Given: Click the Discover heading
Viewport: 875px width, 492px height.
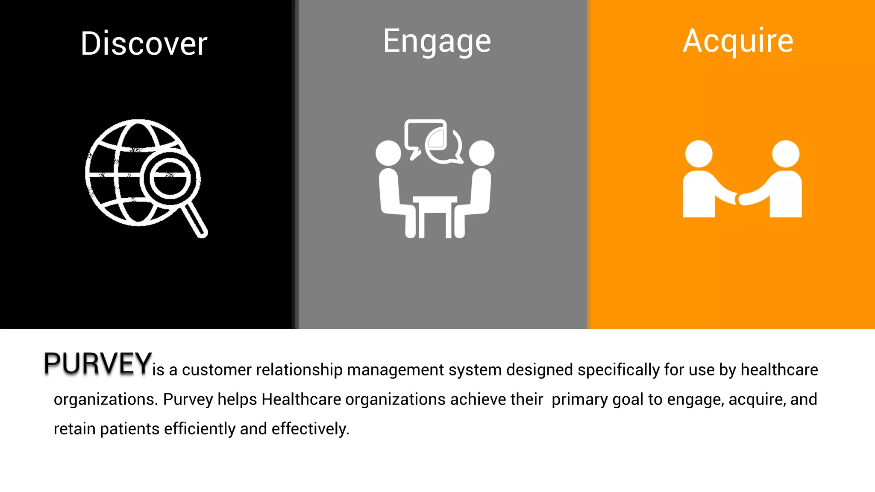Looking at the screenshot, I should (144, 44).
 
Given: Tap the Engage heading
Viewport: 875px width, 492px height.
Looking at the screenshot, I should (437, 41).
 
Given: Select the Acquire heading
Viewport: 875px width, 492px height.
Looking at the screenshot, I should (738, 41).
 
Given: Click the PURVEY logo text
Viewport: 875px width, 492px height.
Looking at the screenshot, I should (97, 364).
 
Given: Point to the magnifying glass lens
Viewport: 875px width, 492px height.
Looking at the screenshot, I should (170, 179).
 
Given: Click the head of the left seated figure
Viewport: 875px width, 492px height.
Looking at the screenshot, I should (388, 153).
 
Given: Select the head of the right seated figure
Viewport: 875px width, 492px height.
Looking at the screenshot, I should (482, 153).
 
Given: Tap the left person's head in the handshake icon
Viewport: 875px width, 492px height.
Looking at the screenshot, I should (699, 154).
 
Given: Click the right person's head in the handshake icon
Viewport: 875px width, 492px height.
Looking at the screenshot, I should (786, 154).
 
